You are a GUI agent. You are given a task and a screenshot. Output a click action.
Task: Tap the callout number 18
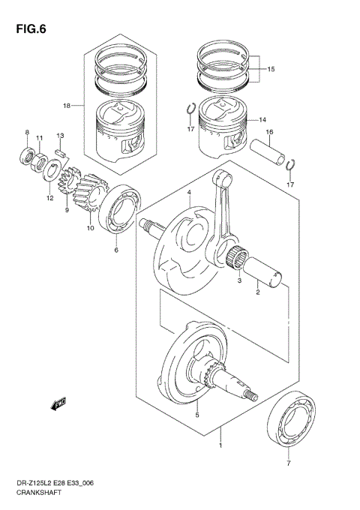tap(66, 106)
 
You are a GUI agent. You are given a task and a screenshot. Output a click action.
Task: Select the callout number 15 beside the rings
tap(271, 69)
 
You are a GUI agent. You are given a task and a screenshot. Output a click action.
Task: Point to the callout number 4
tap(190, 193)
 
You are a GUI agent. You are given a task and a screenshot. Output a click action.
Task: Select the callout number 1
tap(220, 446)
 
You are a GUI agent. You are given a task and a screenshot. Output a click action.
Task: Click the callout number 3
tap(238, 280)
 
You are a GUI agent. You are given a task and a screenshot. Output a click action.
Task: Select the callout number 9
tap(67, 211)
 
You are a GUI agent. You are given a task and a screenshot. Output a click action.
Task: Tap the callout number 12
tap(49, 198)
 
